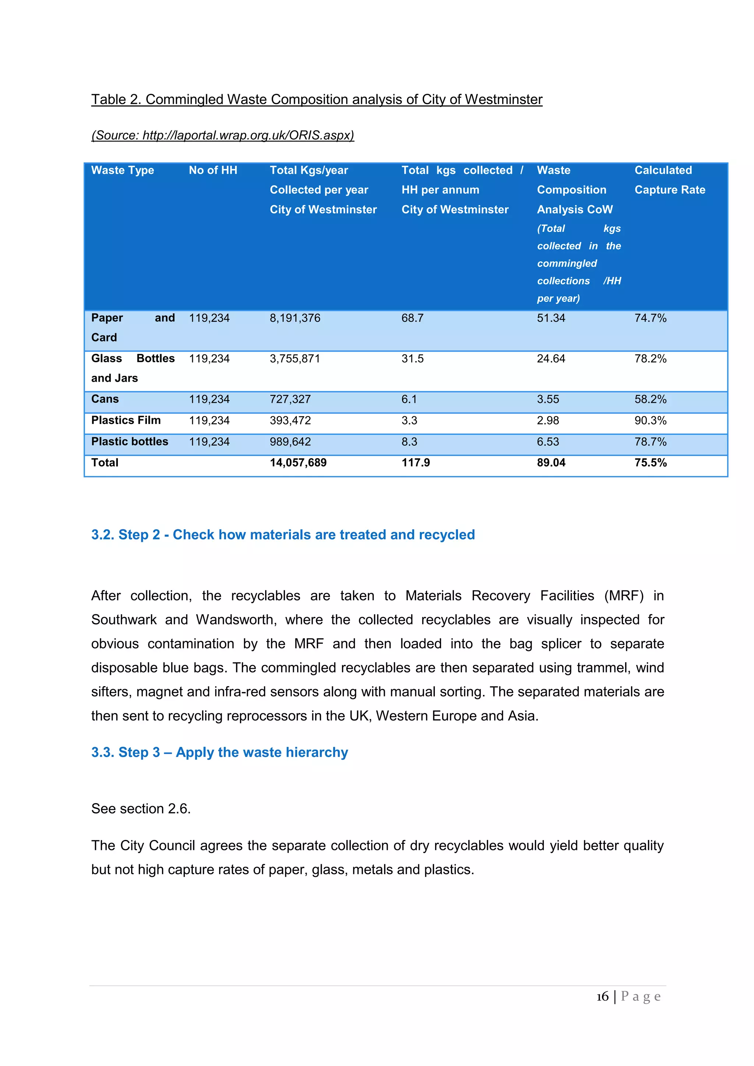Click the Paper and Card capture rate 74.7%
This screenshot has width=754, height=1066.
pos(650,318)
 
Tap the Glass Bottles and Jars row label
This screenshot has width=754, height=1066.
pos(133,368)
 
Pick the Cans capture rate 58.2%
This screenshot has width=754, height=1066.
pos(650,399)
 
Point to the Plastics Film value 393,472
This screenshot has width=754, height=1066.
pos(290,421)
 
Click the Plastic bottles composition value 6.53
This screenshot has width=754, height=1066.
pos(548,442)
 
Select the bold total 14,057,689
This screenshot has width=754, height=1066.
pos(298,463)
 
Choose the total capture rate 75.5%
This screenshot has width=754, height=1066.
pos(651,463)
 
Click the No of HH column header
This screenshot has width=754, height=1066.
pos(213,170)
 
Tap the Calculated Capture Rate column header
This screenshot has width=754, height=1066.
pos(669,180)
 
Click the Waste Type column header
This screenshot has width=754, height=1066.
pos(123,170)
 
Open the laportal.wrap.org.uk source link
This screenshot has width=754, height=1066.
pos(223,135)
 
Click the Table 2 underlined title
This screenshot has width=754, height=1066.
pos(317,99)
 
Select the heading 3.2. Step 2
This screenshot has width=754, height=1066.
pos(283,534)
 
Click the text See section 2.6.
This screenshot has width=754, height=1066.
pos(141,808)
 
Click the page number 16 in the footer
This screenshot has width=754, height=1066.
pos(602,997)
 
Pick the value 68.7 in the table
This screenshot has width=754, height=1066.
pos(412,318)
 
